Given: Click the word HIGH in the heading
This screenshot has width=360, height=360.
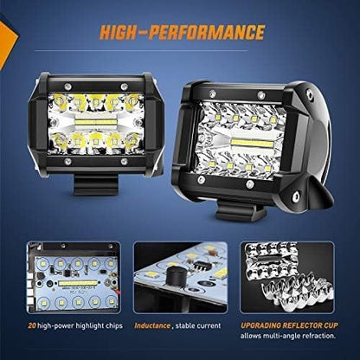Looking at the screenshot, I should pos(128,33).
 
